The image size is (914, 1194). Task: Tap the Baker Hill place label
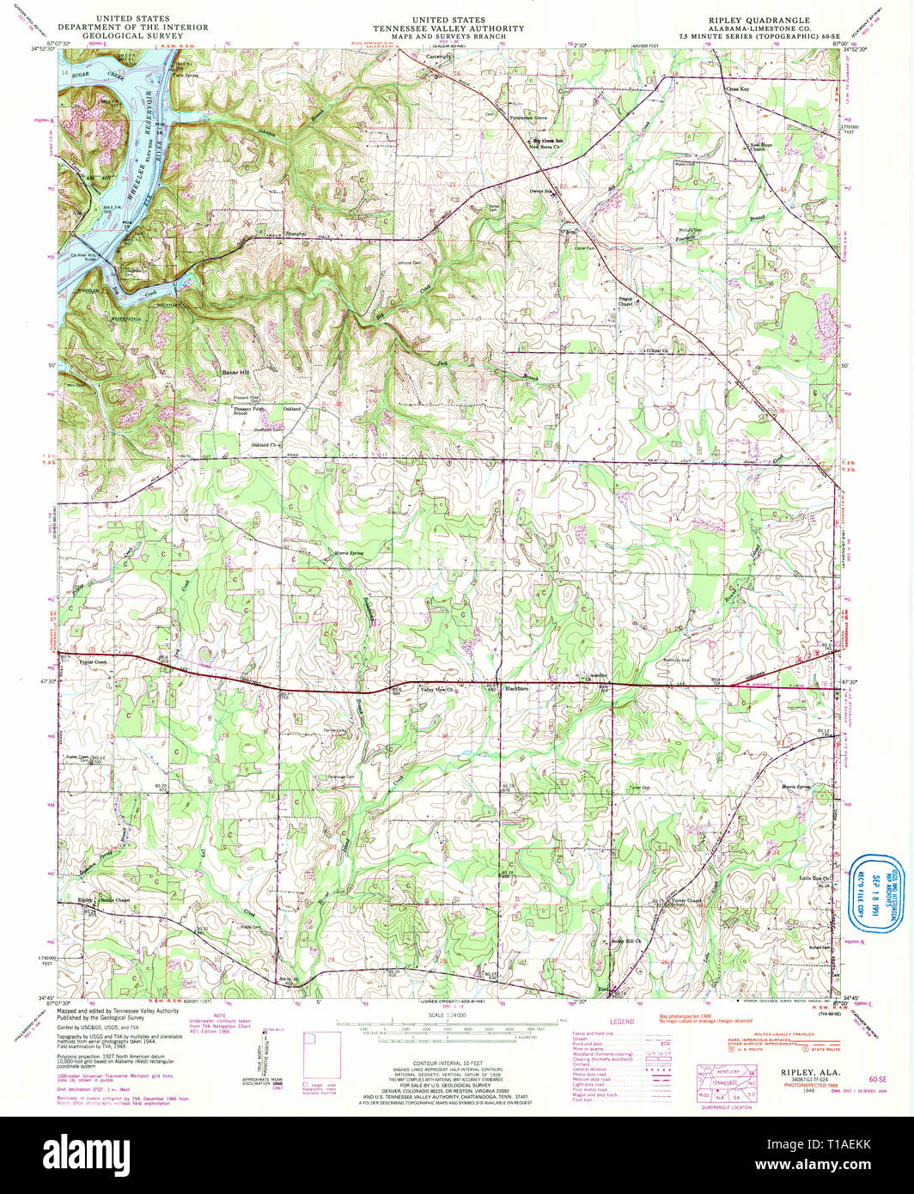click(235, 373)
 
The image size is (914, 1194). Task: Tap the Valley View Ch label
click(436, 689)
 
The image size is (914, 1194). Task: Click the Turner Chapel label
click(687, 901)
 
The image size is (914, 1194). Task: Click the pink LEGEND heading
click(621, 1021)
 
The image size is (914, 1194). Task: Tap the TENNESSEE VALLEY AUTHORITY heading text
click(448, 28)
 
